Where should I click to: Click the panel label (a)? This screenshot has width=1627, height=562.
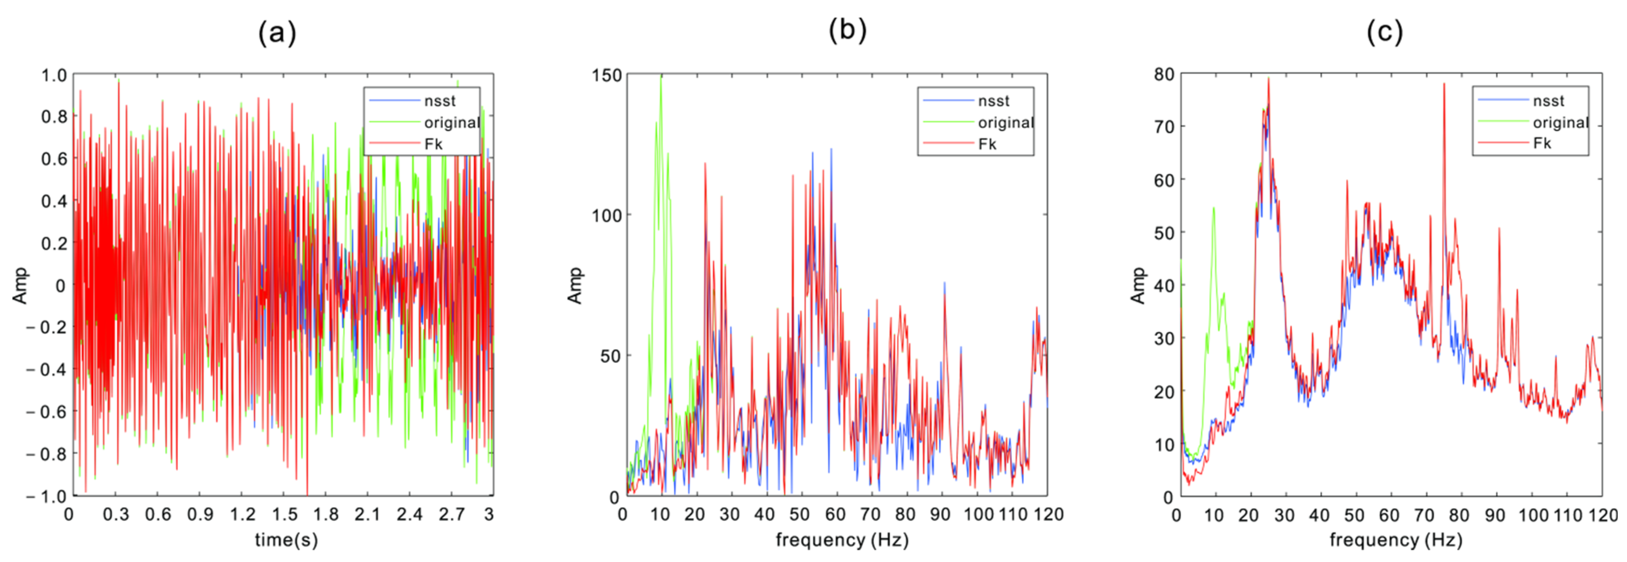pyautogui.click(x=277, y=33)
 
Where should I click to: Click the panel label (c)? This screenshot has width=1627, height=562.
pyautogui.click(x=1385, y=32)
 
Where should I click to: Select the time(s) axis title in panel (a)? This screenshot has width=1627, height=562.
pyautogui.click(x=286, y=540)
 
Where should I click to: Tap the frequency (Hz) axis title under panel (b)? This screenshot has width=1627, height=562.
pyautogui.click(x=842, y=540)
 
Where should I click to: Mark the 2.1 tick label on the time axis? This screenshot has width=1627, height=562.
pyautogui.click(x=367, y=514)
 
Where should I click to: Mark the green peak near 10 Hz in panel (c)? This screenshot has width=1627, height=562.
pyautogui.click(x=1213, y=209)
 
